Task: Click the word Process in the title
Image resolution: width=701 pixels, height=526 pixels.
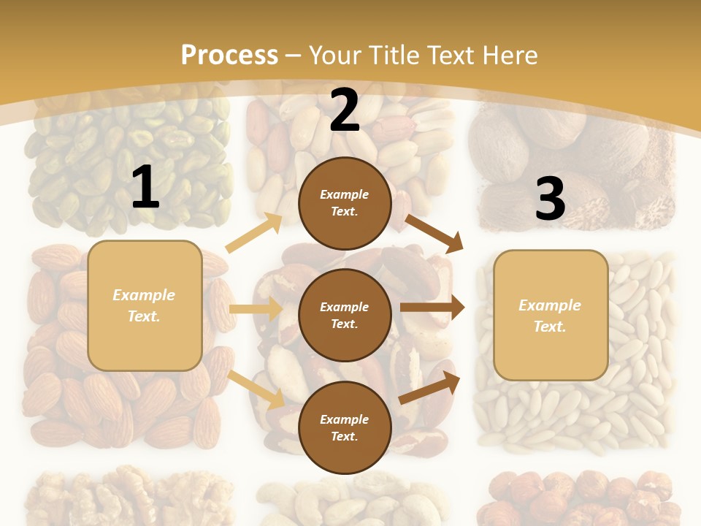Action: (229, 56)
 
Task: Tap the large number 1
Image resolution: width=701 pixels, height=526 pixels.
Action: (145, 188)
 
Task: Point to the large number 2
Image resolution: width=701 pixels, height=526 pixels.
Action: (345, 110)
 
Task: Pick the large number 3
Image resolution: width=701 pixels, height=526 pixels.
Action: (550, 199)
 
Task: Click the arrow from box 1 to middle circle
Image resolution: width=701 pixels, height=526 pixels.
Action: (256, 309)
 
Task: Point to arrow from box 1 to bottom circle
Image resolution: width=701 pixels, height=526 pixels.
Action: (256, 389)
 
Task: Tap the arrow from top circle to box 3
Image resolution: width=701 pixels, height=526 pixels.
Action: (434, 233)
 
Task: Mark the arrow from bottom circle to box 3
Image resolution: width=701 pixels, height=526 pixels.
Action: (430, 387)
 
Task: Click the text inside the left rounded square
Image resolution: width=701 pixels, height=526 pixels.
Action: (144, 305)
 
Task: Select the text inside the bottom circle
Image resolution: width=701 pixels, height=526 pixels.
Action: (345, 428)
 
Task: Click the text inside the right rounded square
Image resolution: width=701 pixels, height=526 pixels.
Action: (550, 316)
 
